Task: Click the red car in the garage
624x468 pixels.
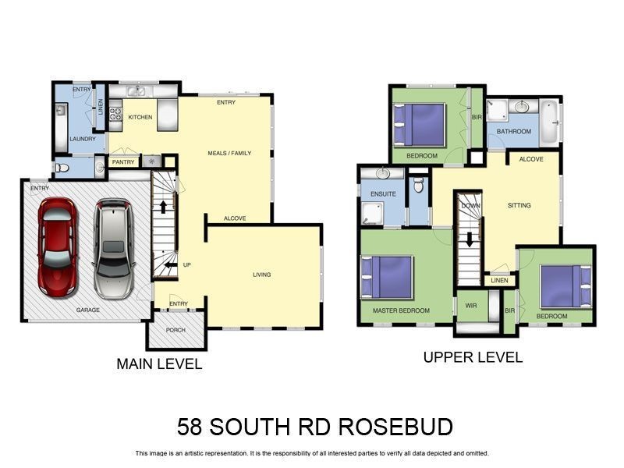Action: tap(57, 246)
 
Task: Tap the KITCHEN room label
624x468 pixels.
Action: tap(140, 117)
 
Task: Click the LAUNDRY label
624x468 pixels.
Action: tap(82, 139)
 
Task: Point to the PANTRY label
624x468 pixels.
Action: tap(123, 162)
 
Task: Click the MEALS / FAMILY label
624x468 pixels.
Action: tap(229, 153)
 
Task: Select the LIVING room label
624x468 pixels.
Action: tap(261, 275)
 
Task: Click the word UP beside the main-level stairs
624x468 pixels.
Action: tap(186, 265)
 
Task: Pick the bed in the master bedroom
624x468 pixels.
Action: tap(388, 277)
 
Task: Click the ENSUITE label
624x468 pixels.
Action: tap(383, 193)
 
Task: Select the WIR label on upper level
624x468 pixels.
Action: tap(470, 305)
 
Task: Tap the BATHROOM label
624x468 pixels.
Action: tap(515, 132)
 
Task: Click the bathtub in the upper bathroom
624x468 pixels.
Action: tap(550, 122)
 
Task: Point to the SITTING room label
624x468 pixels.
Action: tap(519, 205)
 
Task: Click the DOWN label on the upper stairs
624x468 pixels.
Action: tap(470, 205)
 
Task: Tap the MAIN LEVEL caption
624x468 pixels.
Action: tap(159, 363)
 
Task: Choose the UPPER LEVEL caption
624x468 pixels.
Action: tap(473, 357)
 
